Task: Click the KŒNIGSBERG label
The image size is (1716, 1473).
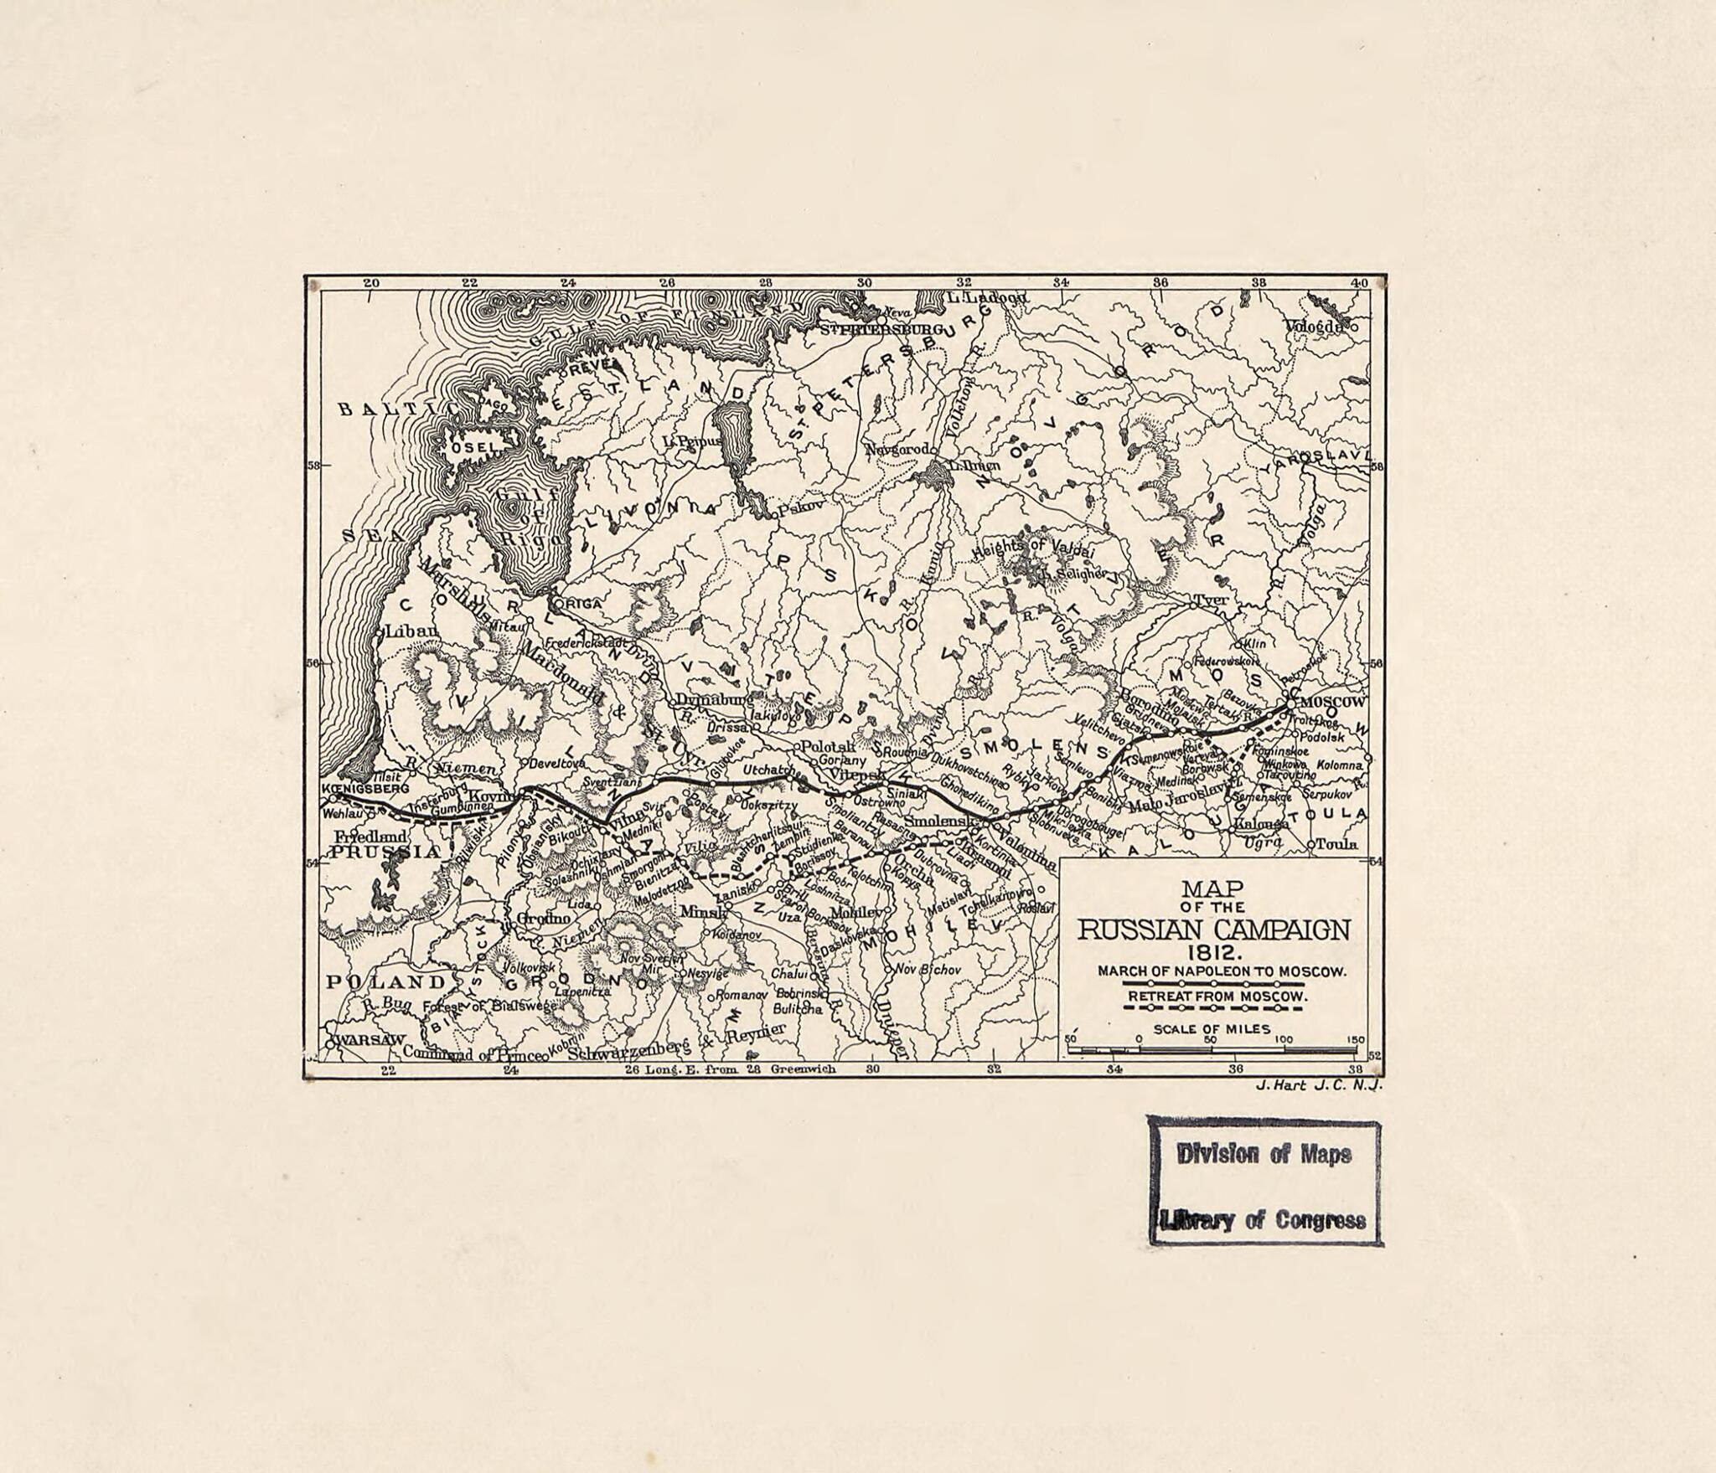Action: (x=365, y=789)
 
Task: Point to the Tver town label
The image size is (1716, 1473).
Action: (x=1211, y=600)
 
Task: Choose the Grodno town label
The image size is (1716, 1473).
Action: (x=543, y=919)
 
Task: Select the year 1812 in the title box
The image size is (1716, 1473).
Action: (x=1212, y=952)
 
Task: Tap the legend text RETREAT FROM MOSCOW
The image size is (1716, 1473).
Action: (x=1217, y=997)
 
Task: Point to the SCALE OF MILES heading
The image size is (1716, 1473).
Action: (x=1212, y=1029)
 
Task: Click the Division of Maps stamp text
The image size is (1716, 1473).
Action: (x=1264, y=1154)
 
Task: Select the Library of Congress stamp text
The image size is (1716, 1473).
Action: (x=1264, y=1220)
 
